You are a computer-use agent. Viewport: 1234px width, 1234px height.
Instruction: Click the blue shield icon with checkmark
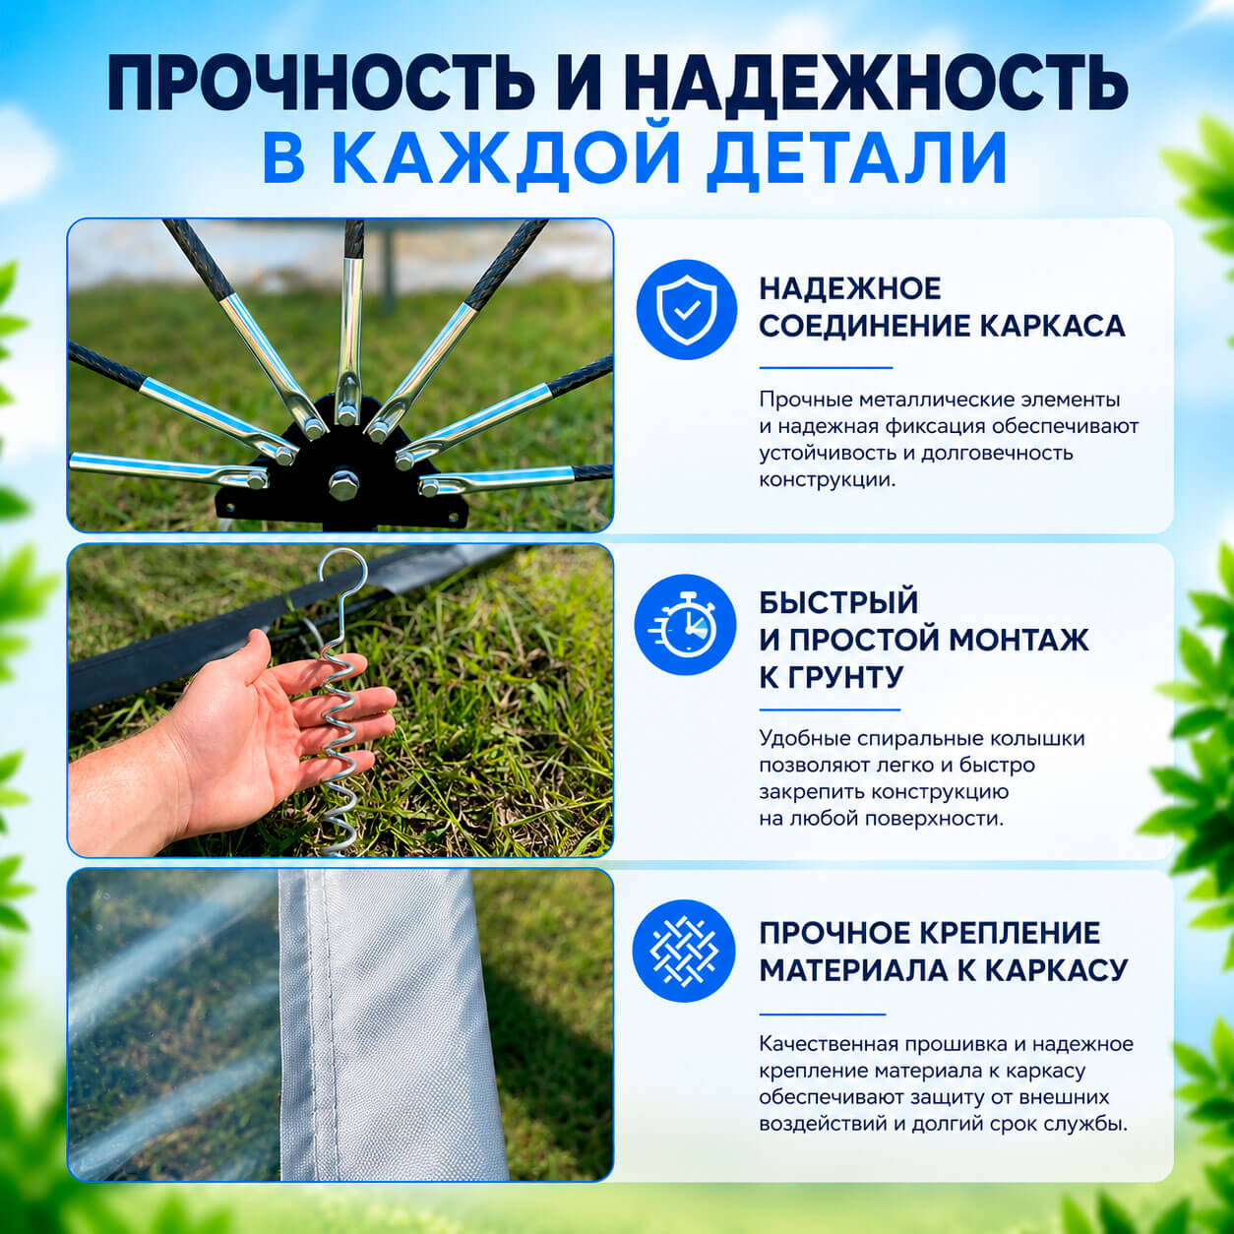click(687, 309)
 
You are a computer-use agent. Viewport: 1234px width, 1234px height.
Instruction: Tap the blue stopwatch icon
click(685, 624)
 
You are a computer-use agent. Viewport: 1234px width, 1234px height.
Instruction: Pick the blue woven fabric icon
click(683, 951)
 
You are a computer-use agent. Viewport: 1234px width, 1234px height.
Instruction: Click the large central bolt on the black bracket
click(343, 485)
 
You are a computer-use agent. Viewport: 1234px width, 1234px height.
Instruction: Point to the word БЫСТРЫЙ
click(838, 602)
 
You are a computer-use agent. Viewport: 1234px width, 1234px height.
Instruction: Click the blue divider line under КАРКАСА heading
click(826, 368)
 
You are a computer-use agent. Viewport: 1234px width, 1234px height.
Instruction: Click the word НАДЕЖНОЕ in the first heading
click(850, 288)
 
